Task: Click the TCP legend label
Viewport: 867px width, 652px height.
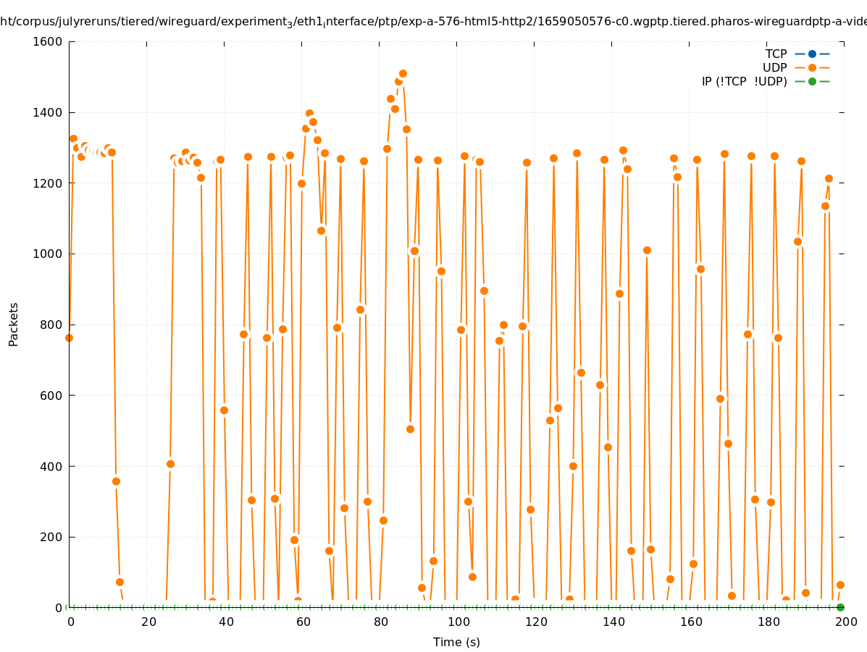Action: pos(776,54)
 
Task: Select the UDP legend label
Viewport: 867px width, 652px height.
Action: pos(774,67)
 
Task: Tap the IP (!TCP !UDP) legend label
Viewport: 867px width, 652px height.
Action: pos(744,81)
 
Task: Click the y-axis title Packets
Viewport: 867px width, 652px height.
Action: pos(14,324)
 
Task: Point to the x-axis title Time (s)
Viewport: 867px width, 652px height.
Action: pos(456,642)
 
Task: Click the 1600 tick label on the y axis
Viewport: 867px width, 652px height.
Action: pos(48,41)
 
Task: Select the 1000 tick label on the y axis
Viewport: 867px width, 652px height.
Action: pos(48,254)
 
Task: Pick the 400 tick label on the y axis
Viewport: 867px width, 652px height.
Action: pos(51,466)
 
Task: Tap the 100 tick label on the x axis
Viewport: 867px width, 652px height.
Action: pos(457,622)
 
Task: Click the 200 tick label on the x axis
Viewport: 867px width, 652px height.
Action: pos(845,622)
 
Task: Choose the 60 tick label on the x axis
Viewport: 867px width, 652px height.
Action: pos(303,622)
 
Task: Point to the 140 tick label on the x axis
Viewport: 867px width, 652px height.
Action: pos(612,622)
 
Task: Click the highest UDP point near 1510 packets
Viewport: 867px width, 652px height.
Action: pos(403,73)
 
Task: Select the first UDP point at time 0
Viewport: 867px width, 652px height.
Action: pos(69,338)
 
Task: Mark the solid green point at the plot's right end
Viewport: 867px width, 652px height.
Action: pos(840,607)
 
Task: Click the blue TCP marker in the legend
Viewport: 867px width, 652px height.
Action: pos(812,54)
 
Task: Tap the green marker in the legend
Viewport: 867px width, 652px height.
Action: pos(812,81)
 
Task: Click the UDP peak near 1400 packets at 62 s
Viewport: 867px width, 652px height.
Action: pos(309,114)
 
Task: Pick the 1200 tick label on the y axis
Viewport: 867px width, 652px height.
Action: pos(48,183)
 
